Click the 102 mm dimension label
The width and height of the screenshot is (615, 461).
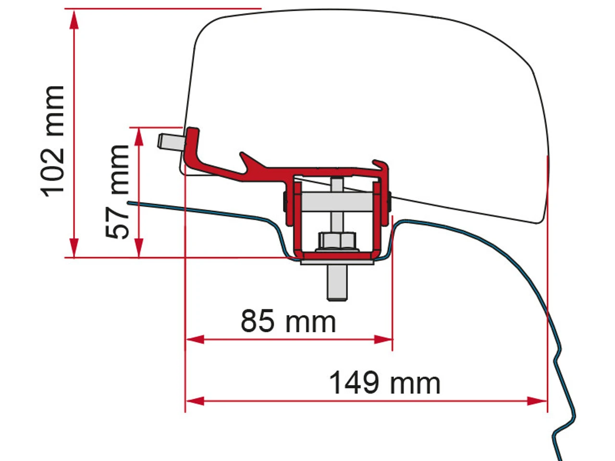pos(53,140)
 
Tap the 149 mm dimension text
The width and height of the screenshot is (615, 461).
pos(384,383)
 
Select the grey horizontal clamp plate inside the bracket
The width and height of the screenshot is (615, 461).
pos(336,198)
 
